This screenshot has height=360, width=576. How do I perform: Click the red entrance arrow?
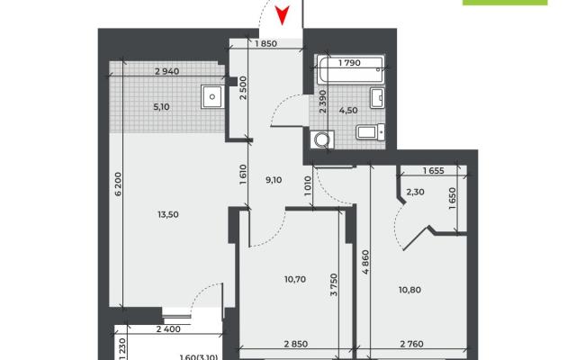point(282,15)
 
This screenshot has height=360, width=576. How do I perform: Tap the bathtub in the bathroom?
point(351,69)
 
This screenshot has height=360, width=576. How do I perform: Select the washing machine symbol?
point(322,139)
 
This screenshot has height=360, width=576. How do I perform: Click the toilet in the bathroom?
point(370,131)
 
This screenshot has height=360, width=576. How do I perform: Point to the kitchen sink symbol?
point(212,96)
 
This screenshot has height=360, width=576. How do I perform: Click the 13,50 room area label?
point(168,214)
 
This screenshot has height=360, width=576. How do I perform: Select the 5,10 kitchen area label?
point(161,107)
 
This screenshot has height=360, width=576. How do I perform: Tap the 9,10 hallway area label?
point(274,180)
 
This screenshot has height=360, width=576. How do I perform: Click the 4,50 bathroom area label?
point(348,110)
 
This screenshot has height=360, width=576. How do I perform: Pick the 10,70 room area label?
point(295,279)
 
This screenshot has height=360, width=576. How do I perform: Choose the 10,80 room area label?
point(410,290)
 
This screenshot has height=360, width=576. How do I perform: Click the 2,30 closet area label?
point(415,192)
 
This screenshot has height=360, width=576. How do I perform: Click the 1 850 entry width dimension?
point(265,43)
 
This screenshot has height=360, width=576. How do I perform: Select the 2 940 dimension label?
point(167,71)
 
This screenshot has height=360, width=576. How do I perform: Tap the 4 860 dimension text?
point(365,262)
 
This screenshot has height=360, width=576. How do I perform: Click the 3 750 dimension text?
point(334,284)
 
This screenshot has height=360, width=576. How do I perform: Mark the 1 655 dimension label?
point(434,170)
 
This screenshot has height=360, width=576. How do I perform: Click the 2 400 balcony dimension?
point(168,329)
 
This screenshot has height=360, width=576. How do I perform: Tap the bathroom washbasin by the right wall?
point(377,98)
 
